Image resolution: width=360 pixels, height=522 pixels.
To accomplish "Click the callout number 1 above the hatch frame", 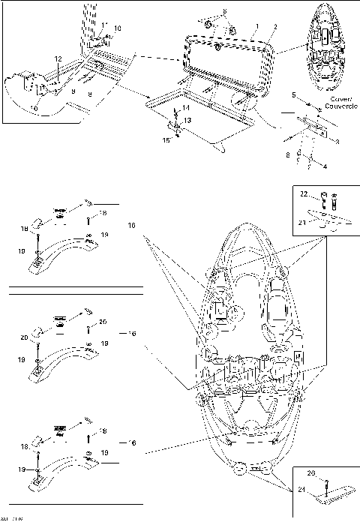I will click(256, 26).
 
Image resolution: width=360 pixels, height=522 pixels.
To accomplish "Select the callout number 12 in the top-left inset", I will click(58, 58).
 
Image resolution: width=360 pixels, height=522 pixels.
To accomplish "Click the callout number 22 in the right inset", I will click(304, 194).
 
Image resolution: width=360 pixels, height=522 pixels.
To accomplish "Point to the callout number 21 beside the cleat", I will click(304, 223).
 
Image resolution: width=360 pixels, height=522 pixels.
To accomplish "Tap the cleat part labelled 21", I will click(329, 221).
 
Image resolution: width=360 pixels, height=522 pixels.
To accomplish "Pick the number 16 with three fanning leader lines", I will click(133, 224).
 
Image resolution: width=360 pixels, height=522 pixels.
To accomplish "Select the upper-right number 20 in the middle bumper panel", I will click(103, 321).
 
